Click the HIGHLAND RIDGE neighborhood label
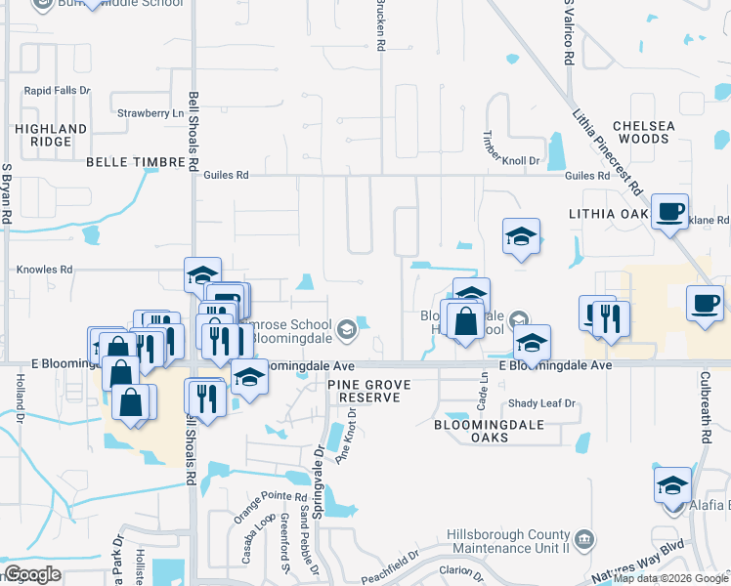51,135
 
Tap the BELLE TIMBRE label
135,162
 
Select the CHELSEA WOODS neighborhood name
642,133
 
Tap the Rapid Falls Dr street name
58,91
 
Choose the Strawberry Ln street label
150,113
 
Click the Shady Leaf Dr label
542,403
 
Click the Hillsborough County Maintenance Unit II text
508,541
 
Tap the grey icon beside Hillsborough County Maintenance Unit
583,538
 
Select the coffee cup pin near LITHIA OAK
670,212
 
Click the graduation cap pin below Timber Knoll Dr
522,236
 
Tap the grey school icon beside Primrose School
345,332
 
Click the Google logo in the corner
33,574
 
